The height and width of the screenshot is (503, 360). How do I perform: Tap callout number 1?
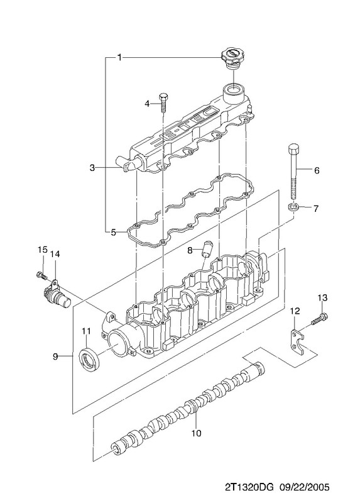[119, 58]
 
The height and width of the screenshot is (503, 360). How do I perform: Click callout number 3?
[92, 167]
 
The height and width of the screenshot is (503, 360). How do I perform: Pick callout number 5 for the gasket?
[113, 232]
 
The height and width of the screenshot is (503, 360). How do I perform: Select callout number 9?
[55, 356]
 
